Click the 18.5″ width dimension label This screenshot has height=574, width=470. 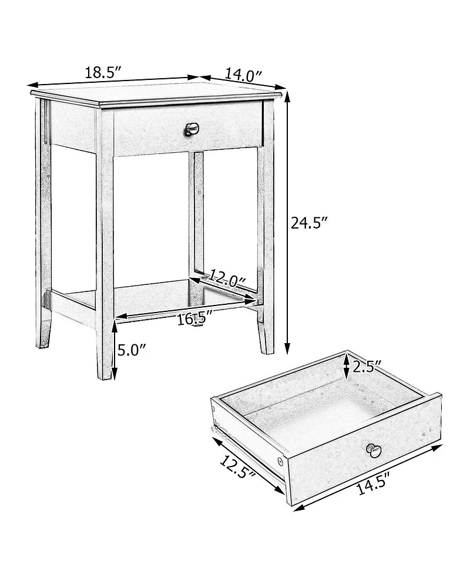[103, 73]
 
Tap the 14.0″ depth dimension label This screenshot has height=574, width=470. [243, 75]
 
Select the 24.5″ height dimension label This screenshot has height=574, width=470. [309, 223]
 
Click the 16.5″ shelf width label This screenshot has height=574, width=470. [194, 320]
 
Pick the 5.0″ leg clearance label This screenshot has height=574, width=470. [131, 351]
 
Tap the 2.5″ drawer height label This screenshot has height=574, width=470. [368, 367]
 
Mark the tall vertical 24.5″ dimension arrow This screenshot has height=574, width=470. [288, 223]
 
